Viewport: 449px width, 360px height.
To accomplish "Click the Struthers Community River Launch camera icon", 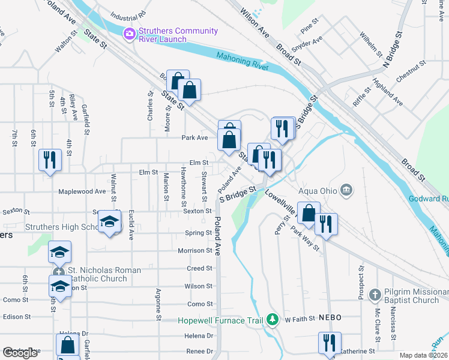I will [x=129, y=34].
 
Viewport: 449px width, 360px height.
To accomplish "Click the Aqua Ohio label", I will [x=317, y=190].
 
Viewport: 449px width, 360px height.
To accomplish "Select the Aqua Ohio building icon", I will [x=346, y=190].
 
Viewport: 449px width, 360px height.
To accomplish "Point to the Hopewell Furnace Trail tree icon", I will [x=273, y=319].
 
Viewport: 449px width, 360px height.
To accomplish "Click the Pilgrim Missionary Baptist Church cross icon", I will [x=375, y=295].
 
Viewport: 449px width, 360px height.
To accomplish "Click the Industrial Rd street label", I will [x=128, y=13].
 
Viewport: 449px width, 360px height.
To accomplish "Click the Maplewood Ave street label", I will [x=82, y=192].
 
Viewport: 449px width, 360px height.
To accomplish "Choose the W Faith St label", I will [x=300, y=320].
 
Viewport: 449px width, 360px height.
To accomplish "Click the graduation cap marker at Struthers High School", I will [x=109, y=223].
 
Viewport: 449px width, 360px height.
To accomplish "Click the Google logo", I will [x=20, y=353].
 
